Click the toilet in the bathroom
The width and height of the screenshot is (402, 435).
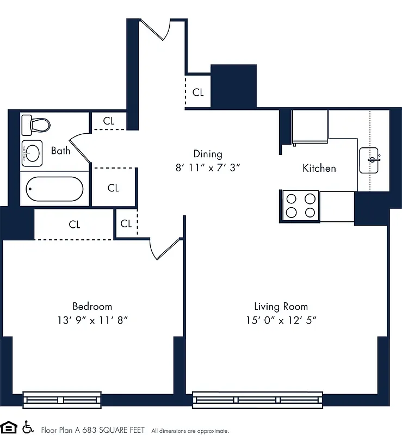point(35,125)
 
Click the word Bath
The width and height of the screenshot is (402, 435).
point(60,151)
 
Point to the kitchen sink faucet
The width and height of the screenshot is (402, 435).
point(373,159)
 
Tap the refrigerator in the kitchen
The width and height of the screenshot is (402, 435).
point(310,127)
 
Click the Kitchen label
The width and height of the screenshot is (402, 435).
point(319,168)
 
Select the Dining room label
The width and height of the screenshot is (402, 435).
point(208,154)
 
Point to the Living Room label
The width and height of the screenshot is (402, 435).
point(281,306)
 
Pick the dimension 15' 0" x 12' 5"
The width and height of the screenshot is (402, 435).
point(281,320)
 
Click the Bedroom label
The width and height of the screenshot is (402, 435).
point(92,306)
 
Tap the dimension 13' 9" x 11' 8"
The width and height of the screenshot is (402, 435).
point(92,320)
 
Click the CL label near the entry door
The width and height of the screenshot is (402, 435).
point(198,92)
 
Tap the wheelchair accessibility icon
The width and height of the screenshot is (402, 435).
point(27,427)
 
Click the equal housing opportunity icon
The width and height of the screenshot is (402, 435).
point(9,427)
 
